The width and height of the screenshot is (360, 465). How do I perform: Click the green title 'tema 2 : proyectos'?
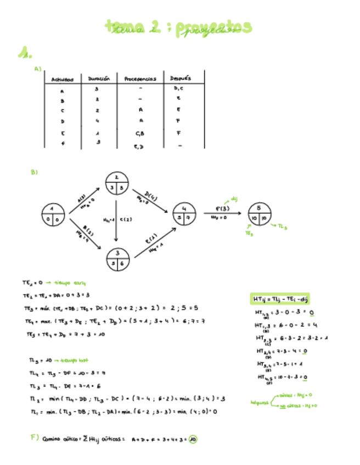click(180, 27)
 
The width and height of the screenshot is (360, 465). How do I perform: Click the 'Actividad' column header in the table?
click(63, 79)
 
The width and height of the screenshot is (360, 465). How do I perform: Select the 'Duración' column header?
click(99, 78)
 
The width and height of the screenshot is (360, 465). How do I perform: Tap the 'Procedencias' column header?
click(140, 78)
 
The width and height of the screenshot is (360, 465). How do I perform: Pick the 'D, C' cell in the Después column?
click(179, 88)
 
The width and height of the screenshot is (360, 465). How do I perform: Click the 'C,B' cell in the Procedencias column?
click(140, 133)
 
